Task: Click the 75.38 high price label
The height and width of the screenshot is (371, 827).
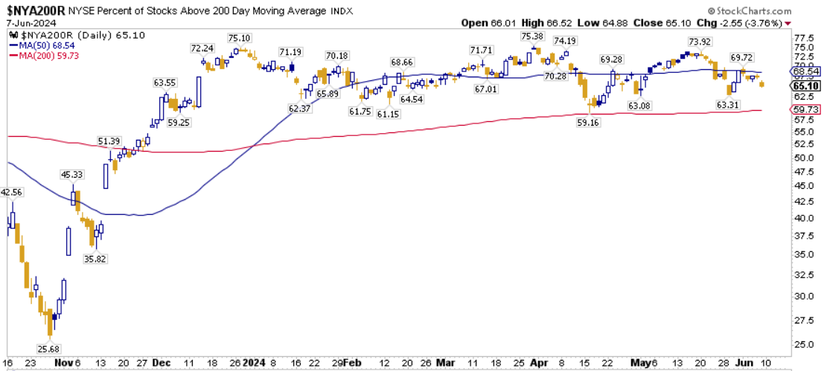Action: click(532, 36)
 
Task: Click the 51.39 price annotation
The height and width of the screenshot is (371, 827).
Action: click(109, 141)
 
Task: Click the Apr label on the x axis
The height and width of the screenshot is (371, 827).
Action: click(540, 363)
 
